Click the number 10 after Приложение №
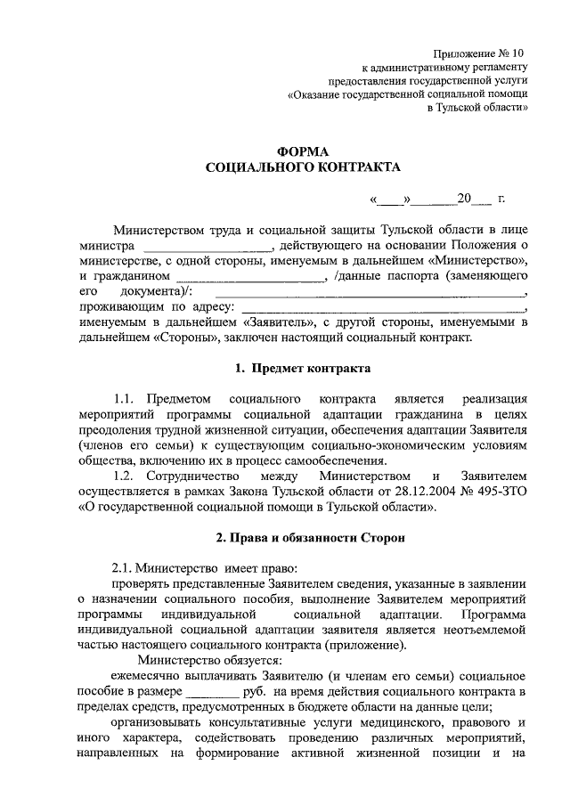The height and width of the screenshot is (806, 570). [x=519, y=53]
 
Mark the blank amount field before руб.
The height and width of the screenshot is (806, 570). [x=212, y=691]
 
